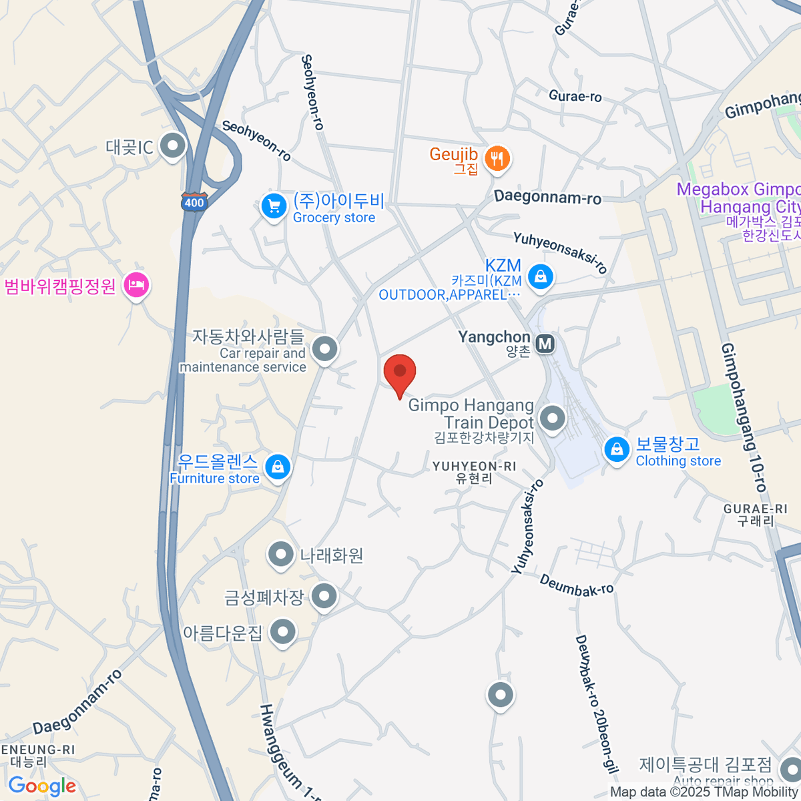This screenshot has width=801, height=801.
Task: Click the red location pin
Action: click(x=400, y=372)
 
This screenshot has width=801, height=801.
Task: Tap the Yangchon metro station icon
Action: click(x=545, y=344)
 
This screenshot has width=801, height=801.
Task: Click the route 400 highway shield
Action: click(x=194, y=202)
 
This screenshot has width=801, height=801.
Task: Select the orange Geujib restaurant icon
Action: click(x=497, y=158)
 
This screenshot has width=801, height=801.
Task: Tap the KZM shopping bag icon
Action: click(x=540, y=276)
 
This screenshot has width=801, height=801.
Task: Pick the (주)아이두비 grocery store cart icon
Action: click(x=273, y=205)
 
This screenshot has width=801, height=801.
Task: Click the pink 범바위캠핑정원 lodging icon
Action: click(x=137, y=286)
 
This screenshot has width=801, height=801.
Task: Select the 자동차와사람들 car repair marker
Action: click(x=325, y=348)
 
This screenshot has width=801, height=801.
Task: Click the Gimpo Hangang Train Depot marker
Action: click(x=552, y=419)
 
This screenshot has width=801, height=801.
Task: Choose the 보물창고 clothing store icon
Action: click(x=617, y=449)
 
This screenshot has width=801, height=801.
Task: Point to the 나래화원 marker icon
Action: click(x=280, y=553)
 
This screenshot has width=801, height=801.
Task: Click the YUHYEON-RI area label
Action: click(x=474, y=471)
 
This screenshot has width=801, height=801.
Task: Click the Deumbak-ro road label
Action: click(x=576, y=585)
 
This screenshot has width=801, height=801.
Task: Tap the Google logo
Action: click(x=42, y=786)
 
